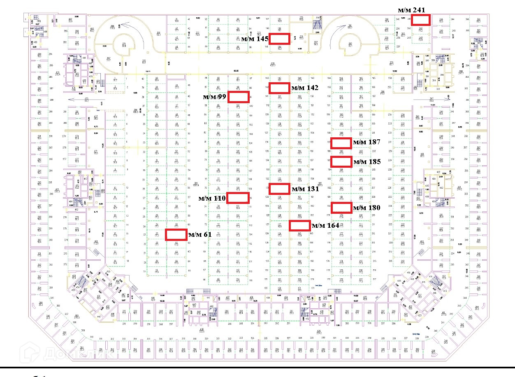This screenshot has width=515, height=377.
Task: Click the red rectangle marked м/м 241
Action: coord(421,20)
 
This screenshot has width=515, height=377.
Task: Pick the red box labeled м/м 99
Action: coord(239,97)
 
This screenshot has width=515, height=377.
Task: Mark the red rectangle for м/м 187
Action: coord(341,143)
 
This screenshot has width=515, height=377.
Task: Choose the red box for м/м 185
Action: coord(341,162)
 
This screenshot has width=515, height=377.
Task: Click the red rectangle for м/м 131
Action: coord(279,189)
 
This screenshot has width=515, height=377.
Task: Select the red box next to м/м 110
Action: coord(238,198)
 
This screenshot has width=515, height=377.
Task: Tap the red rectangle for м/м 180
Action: coord(341,208)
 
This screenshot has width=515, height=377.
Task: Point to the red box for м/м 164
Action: coord(299,225)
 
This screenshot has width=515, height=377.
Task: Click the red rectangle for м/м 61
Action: coord(176,234)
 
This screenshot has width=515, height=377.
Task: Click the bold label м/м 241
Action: coord(411,9)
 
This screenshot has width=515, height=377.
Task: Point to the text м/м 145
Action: coord(255,39)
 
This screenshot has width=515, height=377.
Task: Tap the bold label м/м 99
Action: coord(214,97)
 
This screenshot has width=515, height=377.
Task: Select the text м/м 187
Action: coord(367,143)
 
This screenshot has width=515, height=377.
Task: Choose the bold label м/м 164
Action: coord(325,226)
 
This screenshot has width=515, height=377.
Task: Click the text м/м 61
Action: coord(200,235)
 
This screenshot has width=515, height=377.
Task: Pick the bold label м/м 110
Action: coord(212,199)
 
